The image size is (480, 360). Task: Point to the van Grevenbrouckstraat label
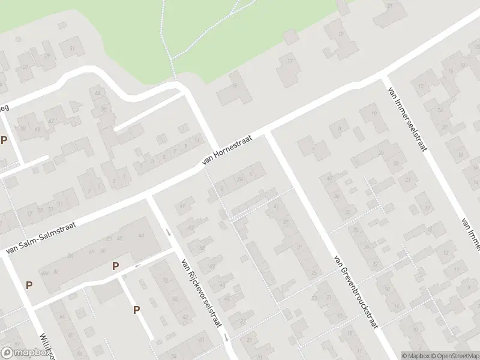point(356,292)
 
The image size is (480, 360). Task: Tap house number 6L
point(56,272)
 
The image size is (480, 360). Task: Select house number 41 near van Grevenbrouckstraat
point(276,206)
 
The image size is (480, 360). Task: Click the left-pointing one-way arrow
point(138,265)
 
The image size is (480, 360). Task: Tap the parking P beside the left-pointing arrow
point(115,266)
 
